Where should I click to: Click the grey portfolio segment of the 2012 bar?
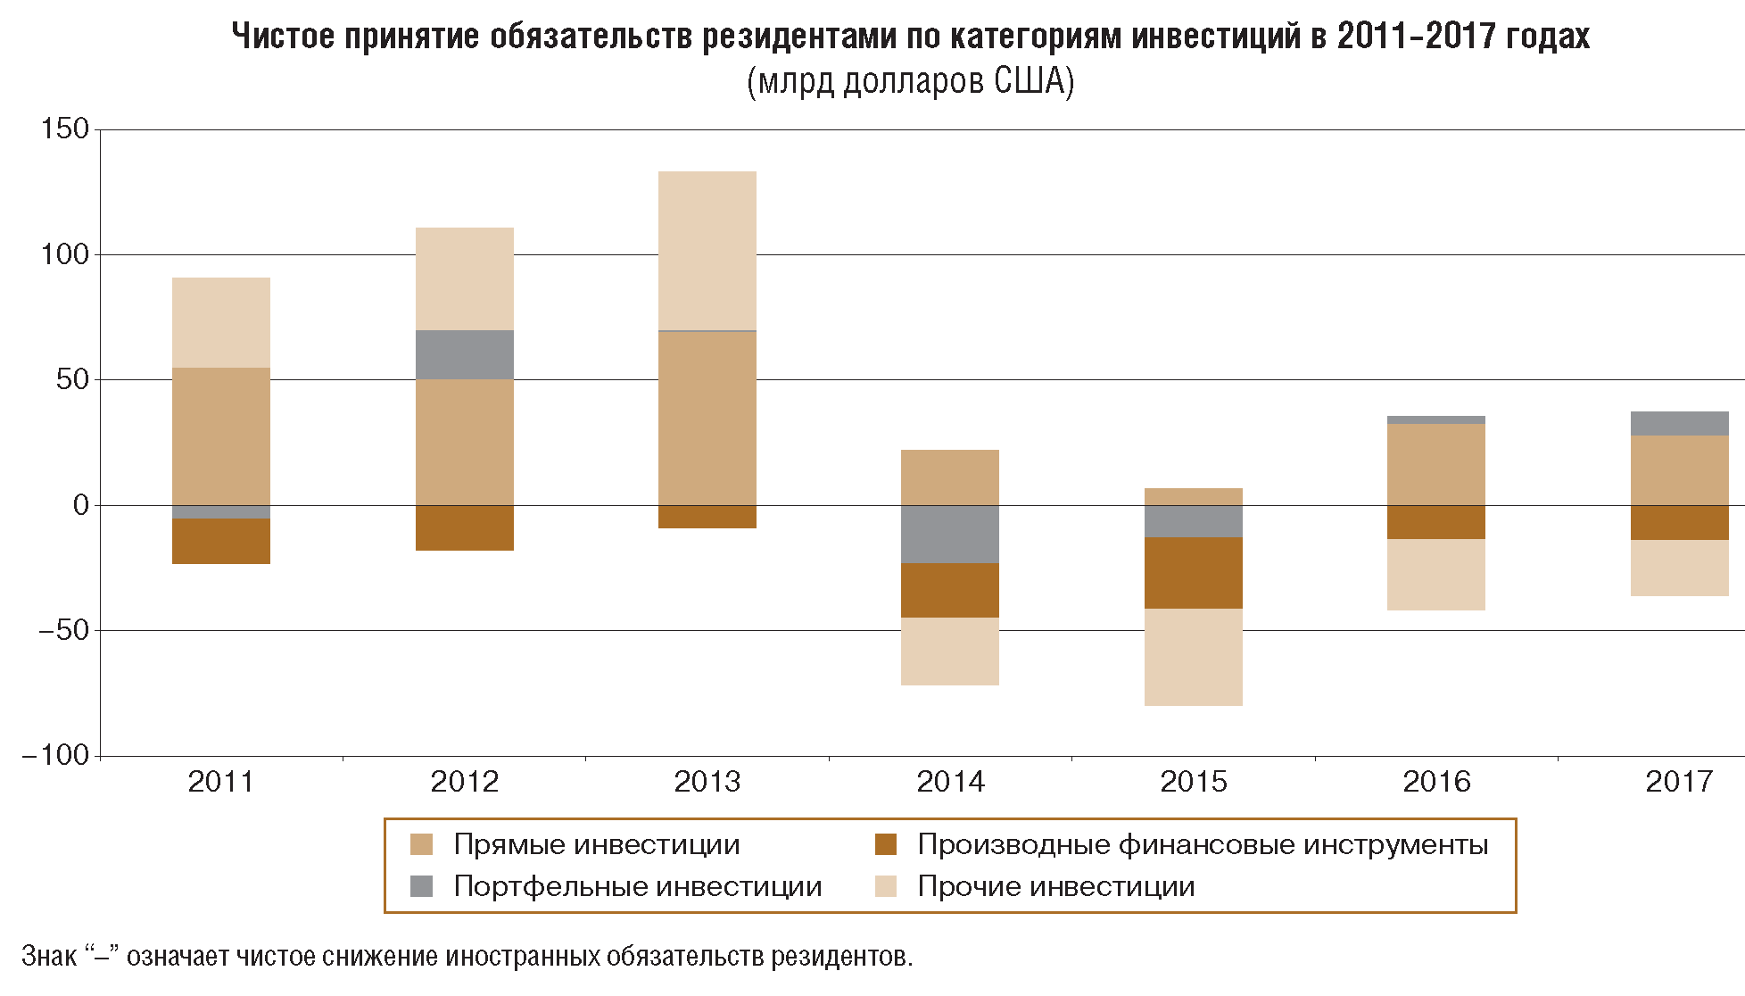point(464,354)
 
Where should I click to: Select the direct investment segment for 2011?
point(220,436)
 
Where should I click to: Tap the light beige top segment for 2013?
point(707,250)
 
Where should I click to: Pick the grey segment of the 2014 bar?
point(950,534)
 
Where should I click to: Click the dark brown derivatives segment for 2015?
point(1193,572)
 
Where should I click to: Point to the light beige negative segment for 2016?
point(1435,574)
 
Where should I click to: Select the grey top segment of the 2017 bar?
point(1679,423)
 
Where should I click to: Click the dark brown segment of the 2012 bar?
point(464,527)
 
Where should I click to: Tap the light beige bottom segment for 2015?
point(1193,657)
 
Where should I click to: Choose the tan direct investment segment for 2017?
point(1679,469)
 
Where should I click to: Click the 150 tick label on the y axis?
point(65,129)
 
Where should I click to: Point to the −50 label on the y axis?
point(63,630)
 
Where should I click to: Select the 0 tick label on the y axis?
point(81,505)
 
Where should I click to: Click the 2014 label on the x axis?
point(950,782)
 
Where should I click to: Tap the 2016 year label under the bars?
point(1435,782)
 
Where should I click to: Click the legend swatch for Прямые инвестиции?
point(421,844)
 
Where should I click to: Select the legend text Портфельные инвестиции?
point(637,886)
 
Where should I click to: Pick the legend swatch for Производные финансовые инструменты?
point(885,844)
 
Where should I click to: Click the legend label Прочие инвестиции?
point(1055,886)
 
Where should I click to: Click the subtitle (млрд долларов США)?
point(910,81)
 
